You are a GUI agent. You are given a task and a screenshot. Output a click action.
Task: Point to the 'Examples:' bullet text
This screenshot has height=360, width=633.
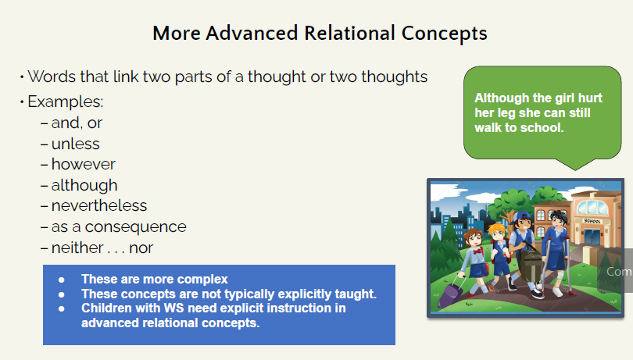(66, 102)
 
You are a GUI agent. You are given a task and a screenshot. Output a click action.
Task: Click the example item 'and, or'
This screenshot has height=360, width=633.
(77, 123)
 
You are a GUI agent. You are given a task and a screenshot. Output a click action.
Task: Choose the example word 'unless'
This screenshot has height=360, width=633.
(75, 144)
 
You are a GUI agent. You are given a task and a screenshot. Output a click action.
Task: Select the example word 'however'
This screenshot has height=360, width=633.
(83, 164)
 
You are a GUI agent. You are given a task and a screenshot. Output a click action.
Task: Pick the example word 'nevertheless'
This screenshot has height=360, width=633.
(98, 206)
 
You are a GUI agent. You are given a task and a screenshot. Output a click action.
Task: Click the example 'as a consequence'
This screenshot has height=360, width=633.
(119, 227)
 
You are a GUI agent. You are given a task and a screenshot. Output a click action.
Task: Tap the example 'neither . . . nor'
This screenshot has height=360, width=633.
(102, 248)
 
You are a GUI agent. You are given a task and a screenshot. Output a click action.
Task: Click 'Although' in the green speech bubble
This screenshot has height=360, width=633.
(501, 98)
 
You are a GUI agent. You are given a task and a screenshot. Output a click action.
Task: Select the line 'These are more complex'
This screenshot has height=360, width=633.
(154, 280)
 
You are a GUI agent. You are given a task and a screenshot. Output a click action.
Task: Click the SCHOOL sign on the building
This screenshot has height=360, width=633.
(593, 220)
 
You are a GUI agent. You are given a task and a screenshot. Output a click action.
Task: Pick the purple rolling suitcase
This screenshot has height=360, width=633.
(452, 293)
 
